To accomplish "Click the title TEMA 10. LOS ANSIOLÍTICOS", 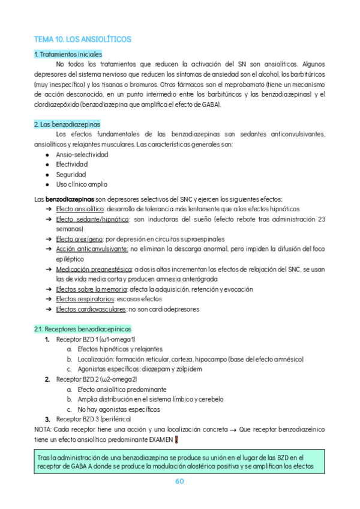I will coord(83,39).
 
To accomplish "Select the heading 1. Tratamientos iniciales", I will coord(68,54).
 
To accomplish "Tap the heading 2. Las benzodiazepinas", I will coord(67,124).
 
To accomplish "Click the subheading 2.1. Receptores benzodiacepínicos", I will coord(83,329).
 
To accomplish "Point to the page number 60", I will coord(179,481).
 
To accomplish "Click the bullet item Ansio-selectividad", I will coord(82,154).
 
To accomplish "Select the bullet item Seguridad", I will coord(71,174).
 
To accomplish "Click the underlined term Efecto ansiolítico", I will coord(80,209).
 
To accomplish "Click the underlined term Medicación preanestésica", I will coord(94,269).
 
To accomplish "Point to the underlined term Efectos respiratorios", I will coord(85,299).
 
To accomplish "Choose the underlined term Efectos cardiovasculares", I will coord(91,309).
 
